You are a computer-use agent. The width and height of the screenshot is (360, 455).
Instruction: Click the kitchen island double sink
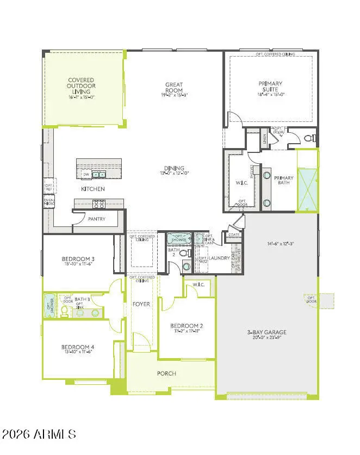(x=98, y=175)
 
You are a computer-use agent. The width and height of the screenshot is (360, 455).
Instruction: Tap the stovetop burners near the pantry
(x=99, y=204)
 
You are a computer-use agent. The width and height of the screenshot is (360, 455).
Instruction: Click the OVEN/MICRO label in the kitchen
(x=48, y=202)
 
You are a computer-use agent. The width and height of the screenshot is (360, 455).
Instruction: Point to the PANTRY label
(x=96, y=219)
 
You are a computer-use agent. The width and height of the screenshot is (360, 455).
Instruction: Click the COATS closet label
(x=234, y=235)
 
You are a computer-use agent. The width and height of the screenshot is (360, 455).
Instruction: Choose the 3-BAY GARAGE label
(x=267, y=332)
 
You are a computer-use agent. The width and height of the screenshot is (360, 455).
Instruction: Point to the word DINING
(x=175, y=168)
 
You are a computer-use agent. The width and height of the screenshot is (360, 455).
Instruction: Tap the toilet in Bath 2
(x=184, y=254)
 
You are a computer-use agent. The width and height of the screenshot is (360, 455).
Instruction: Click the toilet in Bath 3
(x=65, y=311)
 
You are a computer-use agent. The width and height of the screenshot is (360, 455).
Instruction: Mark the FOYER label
(x=141, y=304)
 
